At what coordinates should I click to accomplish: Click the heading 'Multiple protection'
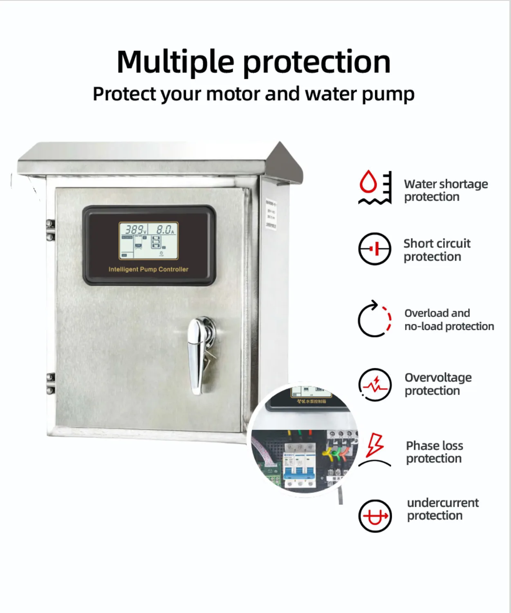(253, 62)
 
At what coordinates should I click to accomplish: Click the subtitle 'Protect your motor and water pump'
(253, 94)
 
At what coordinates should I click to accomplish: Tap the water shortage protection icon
(375, 187)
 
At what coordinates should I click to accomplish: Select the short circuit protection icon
(374, 249)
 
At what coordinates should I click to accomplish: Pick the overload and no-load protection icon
(374, 319)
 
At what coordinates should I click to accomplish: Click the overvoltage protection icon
(374, 385)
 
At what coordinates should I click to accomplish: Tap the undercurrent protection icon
(375, 516)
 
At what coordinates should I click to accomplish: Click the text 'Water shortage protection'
(446, 190)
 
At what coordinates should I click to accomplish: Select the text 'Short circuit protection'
(437, 250)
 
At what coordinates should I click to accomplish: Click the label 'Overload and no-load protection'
(449, 320)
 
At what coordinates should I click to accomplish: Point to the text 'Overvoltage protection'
(438, 384)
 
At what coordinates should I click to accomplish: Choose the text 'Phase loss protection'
(434, 452)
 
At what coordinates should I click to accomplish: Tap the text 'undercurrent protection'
(442, 509)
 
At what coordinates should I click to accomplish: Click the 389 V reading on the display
(134, 230)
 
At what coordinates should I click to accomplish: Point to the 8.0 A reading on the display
(165, 230)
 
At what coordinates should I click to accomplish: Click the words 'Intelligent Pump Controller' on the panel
(148, 270)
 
